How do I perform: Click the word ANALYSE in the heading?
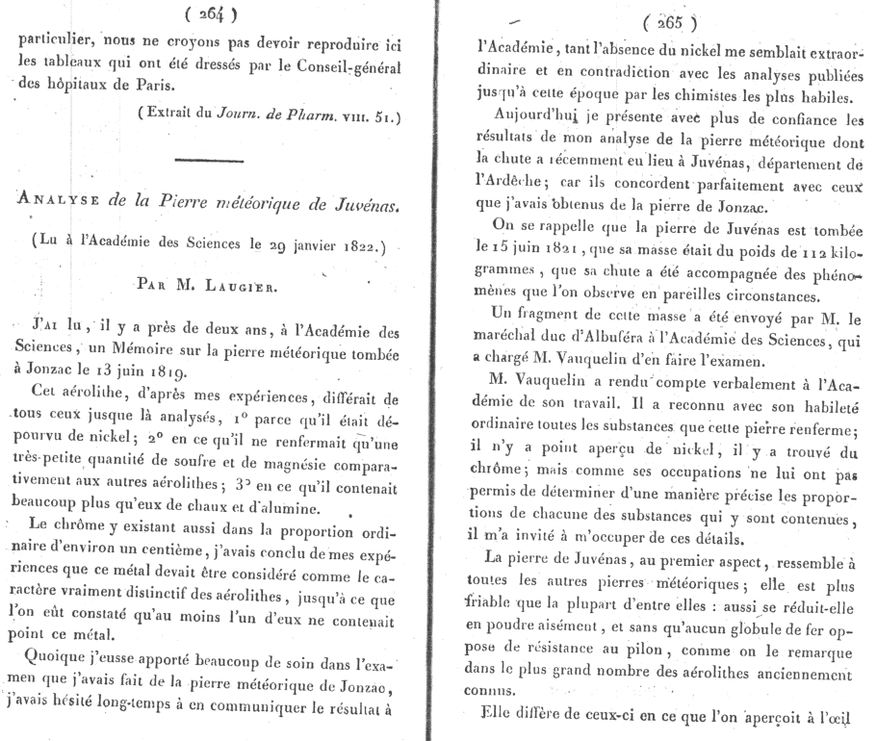(61, 204)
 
